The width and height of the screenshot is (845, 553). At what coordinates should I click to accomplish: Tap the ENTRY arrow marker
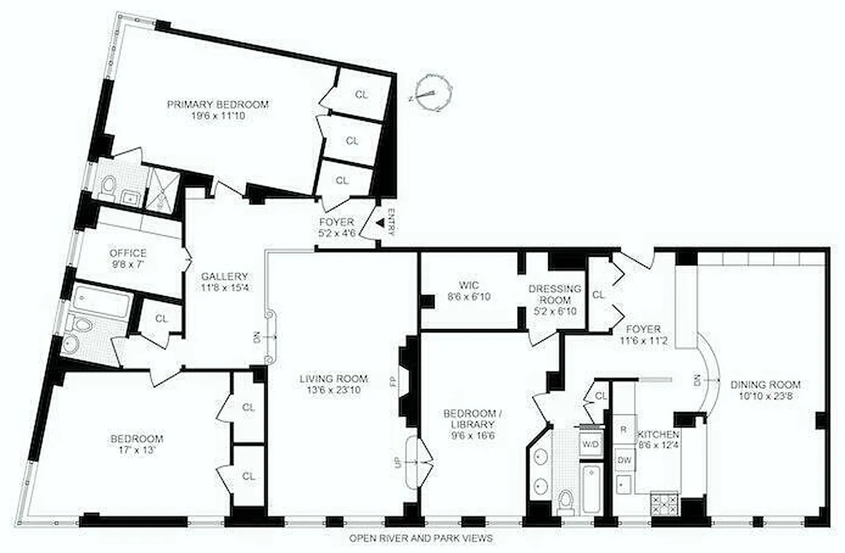pos(380,222)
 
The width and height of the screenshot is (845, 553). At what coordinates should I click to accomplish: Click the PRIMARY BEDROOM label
pos(218,105)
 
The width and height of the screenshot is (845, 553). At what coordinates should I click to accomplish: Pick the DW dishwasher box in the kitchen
pos(623,459)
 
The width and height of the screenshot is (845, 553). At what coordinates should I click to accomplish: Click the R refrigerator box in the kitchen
pos(623,429)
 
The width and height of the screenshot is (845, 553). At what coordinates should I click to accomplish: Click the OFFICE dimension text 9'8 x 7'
pos(128,264)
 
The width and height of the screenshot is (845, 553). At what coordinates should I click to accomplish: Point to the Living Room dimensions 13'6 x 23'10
pos(334,390)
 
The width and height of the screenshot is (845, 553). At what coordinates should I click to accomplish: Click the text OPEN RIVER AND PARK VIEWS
pos(421,538)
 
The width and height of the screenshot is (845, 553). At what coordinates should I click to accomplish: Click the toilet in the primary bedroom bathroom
pos(108,186)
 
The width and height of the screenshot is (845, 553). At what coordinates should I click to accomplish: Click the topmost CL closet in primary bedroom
pos(362,93)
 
